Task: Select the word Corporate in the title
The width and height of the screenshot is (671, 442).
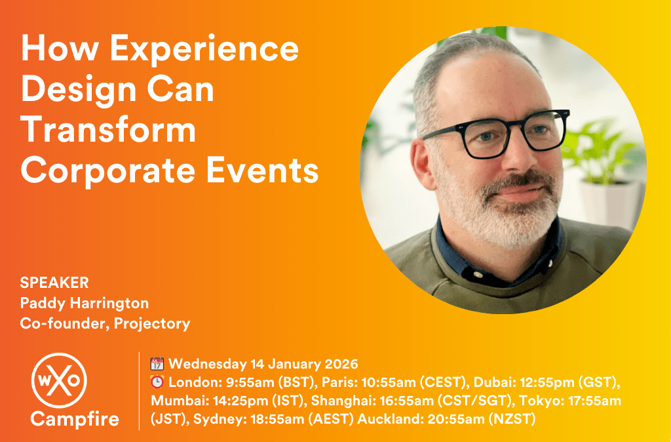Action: click(108, 171)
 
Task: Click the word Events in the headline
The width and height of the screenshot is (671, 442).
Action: click(262, 171)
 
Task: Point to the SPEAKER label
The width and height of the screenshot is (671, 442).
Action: click(54, 283)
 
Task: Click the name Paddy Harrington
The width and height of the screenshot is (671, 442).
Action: click(85, 303)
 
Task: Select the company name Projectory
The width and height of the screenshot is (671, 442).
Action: click(152, 324)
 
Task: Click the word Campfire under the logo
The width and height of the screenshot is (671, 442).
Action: click(75, 419)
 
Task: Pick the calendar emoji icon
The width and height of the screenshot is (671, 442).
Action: click(157, 364)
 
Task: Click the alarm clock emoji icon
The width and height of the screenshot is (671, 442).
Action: click(157, 382)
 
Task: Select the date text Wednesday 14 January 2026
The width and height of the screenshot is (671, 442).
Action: click(263, 364)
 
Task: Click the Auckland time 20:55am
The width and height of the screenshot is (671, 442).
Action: click(456, 419)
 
